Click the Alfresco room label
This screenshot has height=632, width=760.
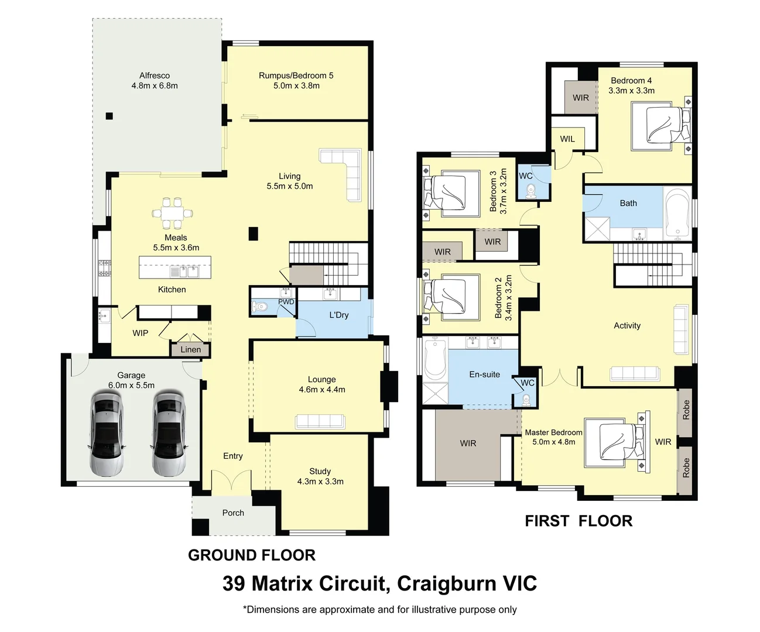[155, 75]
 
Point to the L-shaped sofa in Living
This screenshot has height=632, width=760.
[345, 170]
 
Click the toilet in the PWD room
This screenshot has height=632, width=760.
[260, 306]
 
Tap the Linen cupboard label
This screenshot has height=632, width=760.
[190, 349]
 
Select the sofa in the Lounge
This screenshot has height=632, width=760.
[320, 421]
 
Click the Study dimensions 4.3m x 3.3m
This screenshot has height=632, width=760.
[320, 482]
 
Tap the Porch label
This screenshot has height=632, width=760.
[233, 513]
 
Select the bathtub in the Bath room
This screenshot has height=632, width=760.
[678, 214]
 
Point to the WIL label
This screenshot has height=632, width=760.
[567, 139]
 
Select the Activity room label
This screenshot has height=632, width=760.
[627, 325]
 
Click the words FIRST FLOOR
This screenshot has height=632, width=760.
[578, 521]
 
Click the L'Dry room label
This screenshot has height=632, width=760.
[338, 315]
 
